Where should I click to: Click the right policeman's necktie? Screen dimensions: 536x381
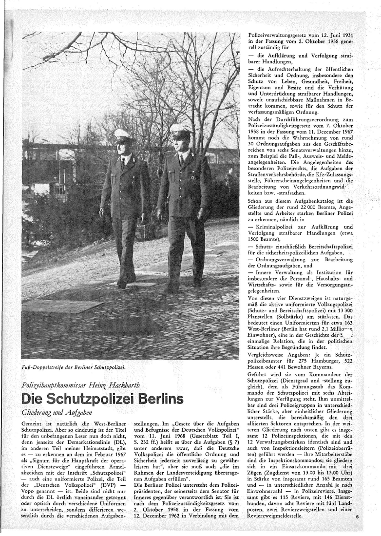pyautogui.click(x=181, y=159)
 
